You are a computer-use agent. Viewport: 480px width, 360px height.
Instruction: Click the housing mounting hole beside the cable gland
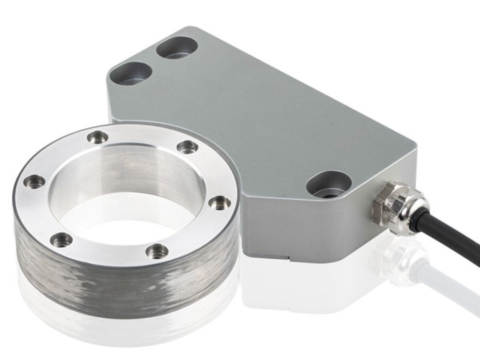(x=329, y=185)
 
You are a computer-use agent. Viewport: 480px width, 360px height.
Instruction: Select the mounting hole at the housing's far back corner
(x=177, y=48)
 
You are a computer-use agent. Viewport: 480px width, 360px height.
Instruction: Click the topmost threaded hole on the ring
(x=98, y=137)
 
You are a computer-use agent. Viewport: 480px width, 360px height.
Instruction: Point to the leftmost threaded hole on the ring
(x=34, y=182)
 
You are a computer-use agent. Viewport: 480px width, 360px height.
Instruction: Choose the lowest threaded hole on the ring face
(x=157, y=250)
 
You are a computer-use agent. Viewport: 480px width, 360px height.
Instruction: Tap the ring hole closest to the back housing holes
(x=98, y=137)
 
